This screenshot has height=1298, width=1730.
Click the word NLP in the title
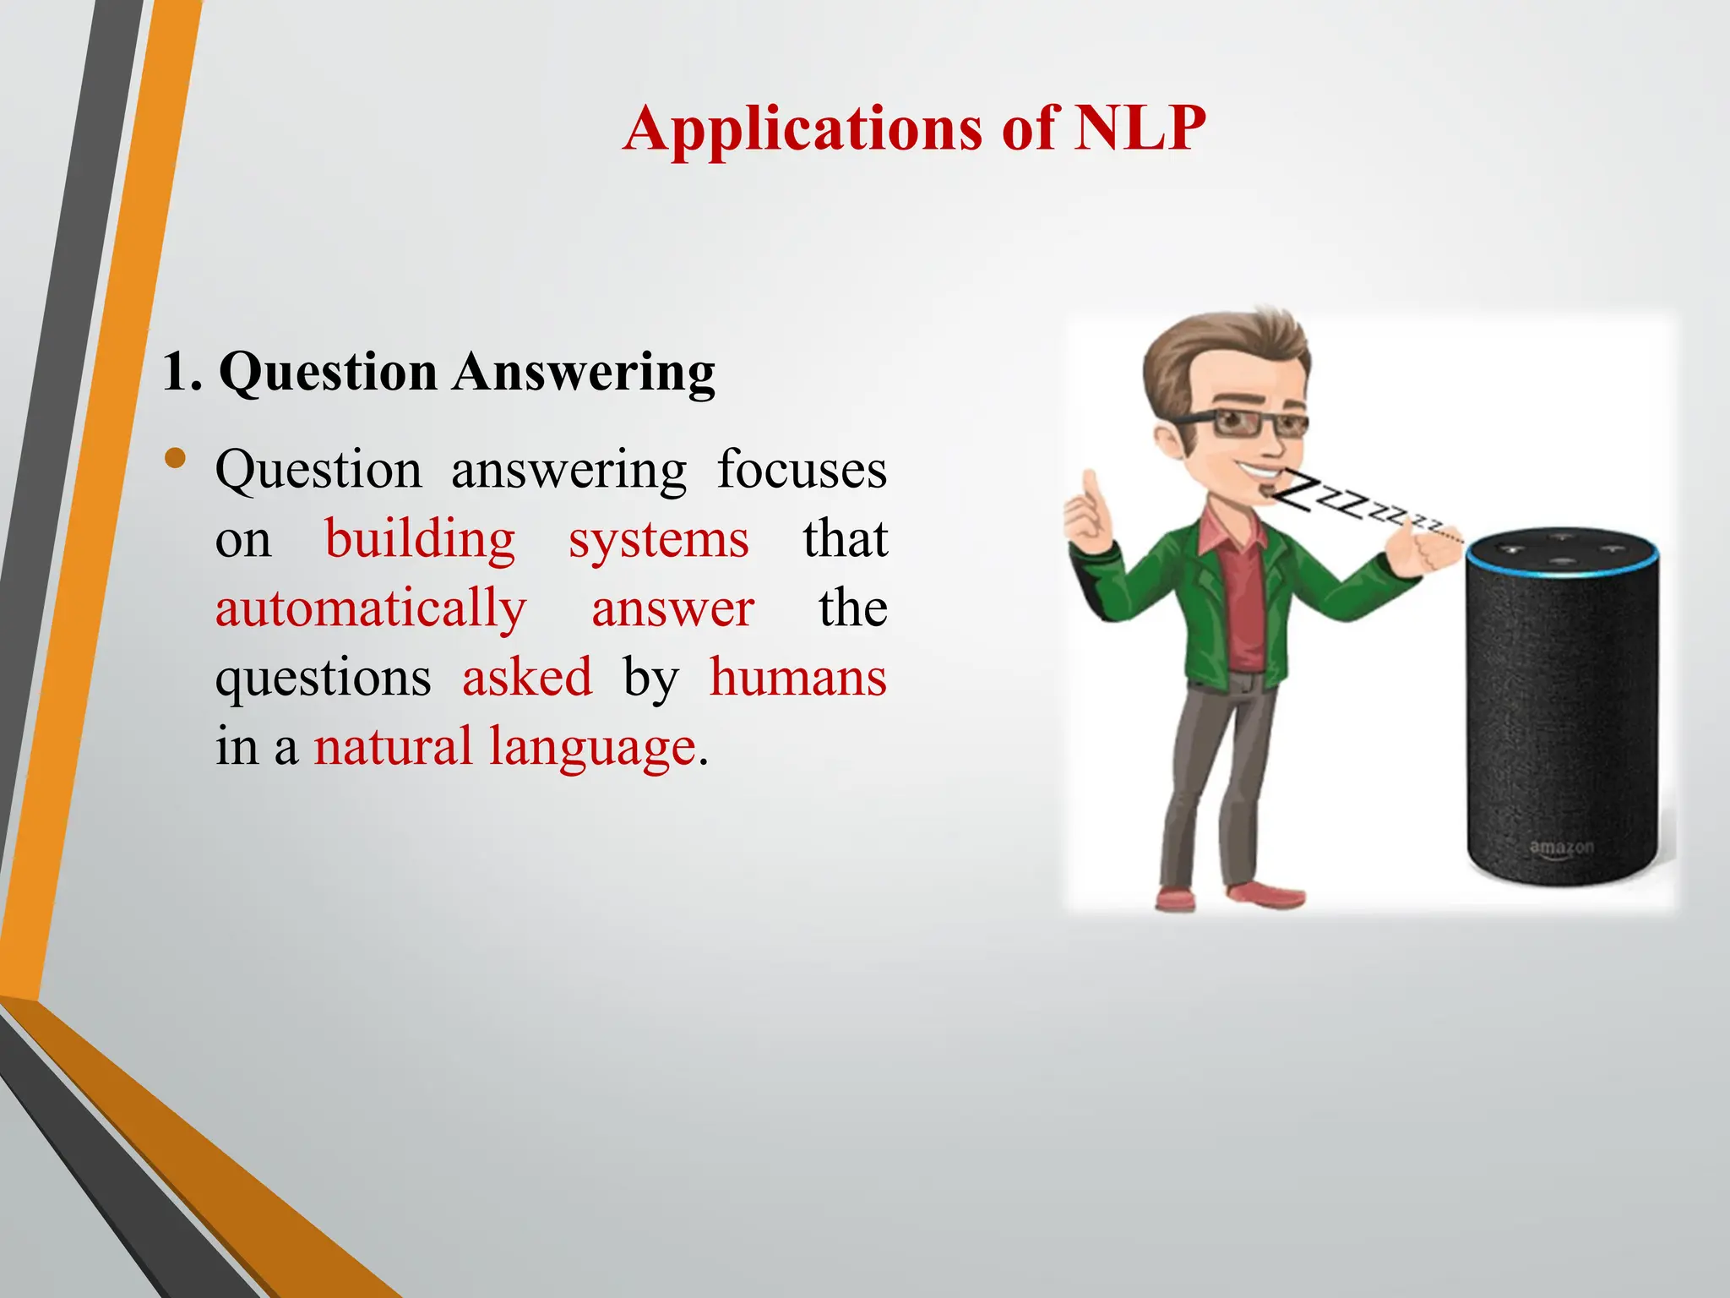[1140, 128]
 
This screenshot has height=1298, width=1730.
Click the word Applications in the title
[803, 130]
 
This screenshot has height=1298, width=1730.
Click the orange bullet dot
[176, 459]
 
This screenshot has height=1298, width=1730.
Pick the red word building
[420, 540]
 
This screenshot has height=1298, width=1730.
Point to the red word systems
[658, 540]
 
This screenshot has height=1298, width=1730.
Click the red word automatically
[371, 609]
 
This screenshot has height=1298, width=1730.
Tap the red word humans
[797, 678]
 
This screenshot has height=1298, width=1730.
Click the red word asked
[527, 678]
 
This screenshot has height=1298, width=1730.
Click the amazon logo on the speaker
[1561, 847]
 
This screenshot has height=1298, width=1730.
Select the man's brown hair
[1225, 346]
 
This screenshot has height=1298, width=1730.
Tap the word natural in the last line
[393, 747]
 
